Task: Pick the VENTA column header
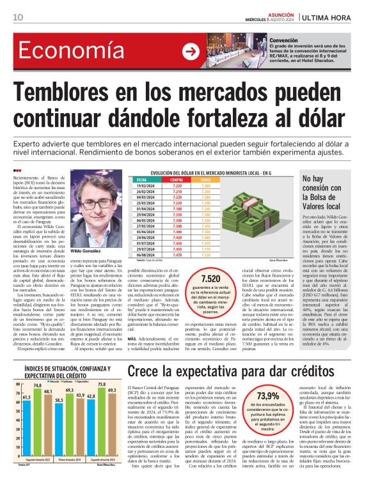(206, 181)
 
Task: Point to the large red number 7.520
(210, 279)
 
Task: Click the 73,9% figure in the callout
(267, 396)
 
